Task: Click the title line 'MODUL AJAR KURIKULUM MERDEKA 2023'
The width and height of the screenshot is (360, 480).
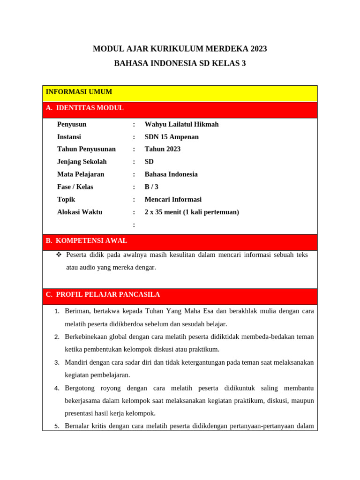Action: point(180,49)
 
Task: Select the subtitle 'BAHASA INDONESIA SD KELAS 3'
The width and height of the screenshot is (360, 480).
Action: point(180,63)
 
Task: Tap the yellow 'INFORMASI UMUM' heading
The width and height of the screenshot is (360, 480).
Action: point(79,92)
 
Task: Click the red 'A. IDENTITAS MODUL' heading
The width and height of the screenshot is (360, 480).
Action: point(85,108)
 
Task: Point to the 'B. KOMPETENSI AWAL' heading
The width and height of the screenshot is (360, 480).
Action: point(86,240)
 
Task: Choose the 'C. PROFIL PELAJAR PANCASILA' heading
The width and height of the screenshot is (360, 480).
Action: point(103,294)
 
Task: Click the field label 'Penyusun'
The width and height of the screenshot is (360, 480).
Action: point(72,124)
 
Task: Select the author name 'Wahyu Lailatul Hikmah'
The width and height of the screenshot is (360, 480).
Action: point(181,124)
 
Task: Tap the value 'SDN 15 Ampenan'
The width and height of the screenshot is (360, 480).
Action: point(172,137)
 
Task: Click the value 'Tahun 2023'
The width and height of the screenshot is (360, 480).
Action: point(162,149)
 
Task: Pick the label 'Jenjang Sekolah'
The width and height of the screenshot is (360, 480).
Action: point(82,162)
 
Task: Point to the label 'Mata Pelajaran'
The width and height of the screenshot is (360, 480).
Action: point(81,174)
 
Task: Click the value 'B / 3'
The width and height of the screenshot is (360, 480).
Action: point(151,187)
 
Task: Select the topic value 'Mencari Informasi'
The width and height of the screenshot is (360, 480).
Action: point(173,199)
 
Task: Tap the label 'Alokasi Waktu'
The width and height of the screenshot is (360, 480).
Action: point(80,212)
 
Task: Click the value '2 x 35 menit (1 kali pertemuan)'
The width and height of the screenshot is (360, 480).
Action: point(192,212)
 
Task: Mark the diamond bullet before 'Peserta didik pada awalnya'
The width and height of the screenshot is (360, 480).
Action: point(59,255)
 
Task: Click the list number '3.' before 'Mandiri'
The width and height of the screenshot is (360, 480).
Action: point(57,362)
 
